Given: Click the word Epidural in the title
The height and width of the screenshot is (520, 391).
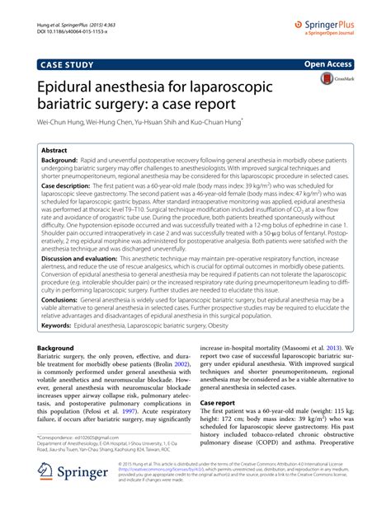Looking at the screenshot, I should [66, 85].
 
